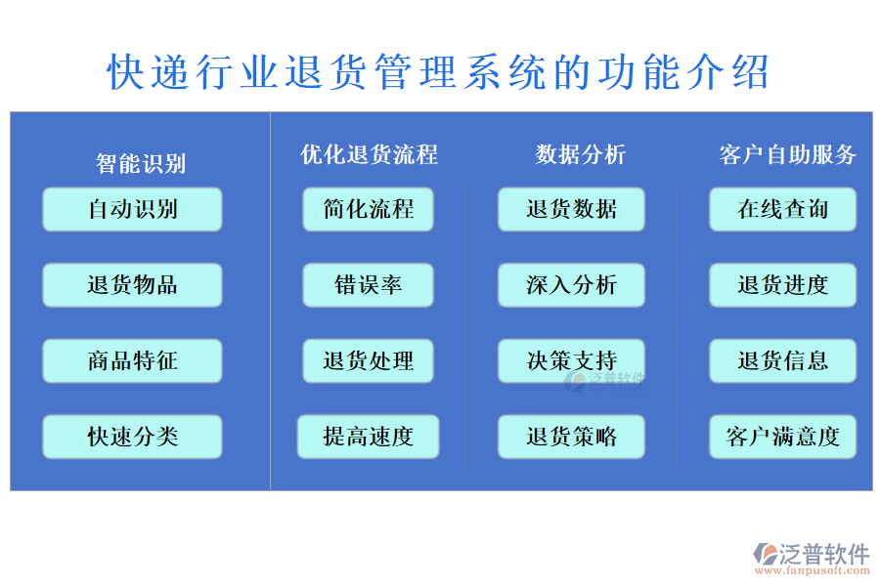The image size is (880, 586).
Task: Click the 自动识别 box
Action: tap(132, 209)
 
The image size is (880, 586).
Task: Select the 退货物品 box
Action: tap(132, 285)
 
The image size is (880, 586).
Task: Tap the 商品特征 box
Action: tap(132, 361)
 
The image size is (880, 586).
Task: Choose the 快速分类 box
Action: tap(132, 437)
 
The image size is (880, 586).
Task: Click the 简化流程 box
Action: tap(369, 209)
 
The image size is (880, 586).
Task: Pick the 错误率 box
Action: tap(369, 285)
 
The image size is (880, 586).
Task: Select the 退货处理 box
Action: tap(369, 361)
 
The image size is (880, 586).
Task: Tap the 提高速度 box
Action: tap(369, 437)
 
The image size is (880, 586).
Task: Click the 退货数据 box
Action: tap(571, 209)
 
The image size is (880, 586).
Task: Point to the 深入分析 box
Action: tap(571, 285)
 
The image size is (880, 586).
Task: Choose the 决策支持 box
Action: tap(571, 361)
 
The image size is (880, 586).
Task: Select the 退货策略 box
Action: tap(571, 437)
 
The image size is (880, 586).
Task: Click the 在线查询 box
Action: tap(782, 209)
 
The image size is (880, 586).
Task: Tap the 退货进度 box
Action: tap(782, 285)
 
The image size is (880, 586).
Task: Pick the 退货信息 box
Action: tap(782, 361)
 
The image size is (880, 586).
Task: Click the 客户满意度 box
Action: tap(782, 437)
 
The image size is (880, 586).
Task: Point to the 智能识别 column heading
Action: tap(141, 163)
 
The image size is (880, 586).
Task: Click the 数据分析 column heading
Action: tap(581, 154)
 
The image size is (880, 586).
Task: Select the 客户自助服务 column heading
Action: tap(788, 154)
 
